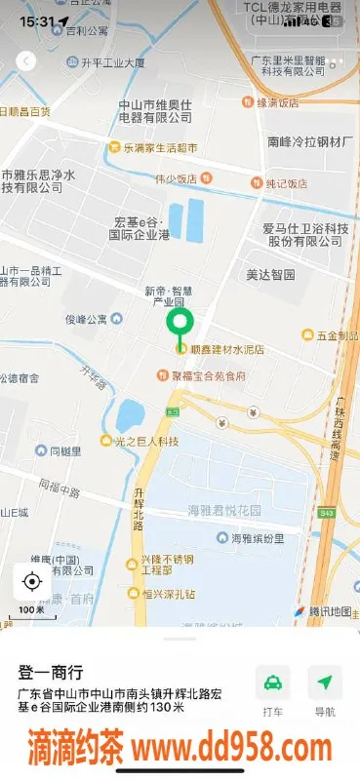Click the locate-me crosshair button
[31, 582]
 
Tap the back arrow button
[26, 60]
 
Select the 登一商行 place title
[51, 673]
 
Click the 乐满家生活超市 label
[158, 148]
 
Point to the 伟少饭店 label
[176, 178]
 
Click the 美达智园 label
[270, 275]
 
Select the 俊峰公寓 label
[91, 319]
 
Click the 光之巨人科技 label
[146, 442]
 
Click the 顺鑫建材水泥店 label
[227, 348]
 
